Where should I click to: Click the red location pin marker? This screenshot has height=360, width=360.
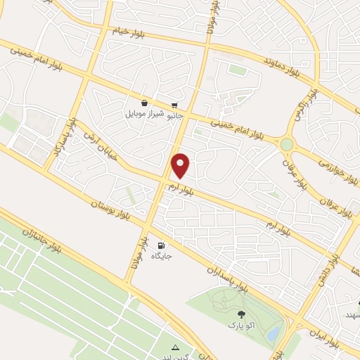[x=181, y=165]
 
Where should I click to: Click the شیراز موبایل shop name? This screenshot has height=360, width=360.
[x=144, y=113]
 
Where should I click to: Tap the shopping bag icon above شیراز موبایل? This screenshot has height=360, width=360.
[x=144, y=102]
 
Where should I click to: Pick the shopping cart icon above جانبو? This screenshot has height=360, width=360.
[x=174, y=103]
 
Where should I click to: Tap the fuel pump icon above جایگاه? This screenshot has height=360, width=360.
[x=162, y=245]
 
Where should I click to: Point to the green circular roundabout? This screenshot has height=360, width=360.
[x=286, y=144]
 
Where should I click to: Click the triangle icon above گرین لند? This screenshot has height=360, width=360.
[x=176, y=348]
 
